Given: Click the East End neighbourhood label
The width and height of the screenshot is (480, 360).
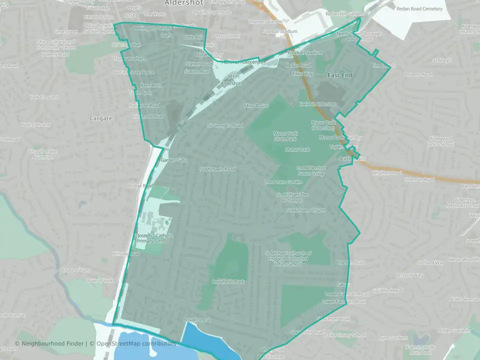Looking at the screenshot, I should pos(340,75).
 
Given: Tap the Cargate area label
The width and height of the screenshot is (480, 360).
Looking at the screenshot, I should pos(100,118).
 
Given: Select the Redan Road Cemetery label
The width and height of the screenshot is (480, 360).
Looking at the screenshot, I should pos(419,9).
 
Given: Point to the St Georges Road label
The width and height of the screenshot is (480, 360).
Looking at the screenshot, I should pos(225,125).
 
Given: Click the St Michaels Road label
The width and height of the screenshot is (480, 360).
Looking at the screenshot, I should pos(217,169).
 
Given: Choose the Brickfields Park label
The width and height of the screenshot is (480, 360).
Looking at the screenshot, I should pos(228,281).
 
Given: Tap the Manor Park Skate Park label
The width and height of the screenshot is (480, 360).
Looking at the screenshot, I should pos(285,136).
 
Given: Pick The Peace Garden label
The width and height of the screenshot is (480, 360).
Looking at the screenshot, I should pos(283,182).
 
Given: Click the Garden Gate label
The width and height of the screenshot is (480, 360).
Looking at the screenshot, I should pos(174,160).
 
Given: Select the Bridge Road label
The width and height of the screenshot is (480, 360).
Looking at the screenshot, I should pos(140,186).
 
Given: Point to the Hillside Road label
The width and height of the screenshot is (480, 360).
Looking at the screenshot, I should pos(126,254).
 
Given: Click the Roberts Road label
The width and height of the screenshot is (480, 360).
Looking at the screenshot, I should pos(418,74).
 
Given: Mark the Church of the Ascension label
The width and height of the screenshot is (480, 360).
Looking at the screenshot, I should pos(43,154).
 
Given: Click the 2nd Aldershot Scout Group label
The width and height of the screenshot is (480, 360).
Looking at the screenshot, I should pos(311,171).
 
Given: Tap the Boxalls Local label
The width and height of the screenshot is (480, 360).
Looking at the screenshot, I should pos(197,319).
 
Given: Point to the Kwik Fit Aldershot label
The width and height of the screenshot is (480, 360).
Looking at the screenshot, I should pos(317,104).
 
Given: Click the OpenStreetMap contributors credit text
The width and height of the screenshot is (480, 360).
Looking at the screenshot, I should pos(136,343).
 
